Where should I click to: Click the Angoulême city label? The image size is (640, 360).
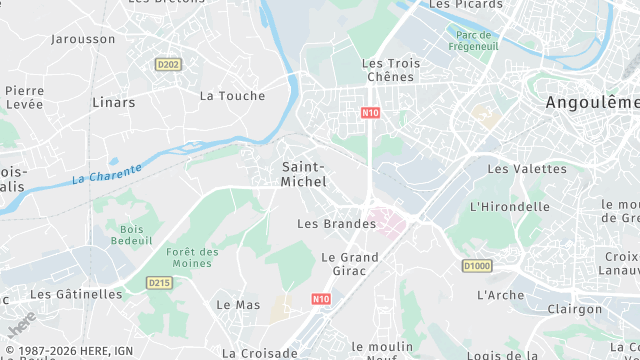[x=593, y=103]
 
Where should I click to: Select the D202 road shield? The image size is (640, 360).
[x=168, y=64]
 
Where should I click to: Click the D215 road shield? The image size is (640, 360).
[x=160, y=283]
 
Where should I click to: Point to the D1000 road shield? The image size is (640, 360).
[x=477, y=265]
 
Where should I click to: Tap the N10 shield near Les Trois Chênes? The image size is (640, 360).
[x=370, y=113]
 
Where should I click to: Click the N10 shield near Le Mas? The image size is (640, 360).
[x=320, y=299]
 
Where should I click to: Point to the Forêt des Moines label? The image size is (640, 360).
[x=193, y=257]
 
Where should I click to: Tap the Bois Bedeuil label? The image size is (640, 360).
[x=131, y=235]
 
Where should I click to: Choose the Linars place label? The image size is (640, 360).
[x=113, y=102]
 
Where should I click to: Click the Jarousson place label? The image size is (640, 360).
[x=83, y=39]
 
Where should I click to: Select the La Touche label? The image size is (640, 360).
[x=232, y=96]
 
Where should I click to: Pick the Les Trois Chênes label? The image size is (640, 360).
[x=391, y=70]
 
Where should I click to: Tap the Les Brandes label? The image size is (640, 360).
[x=336, y=224]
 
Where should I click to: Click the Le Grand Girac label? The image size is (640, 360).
[x=349, y=264]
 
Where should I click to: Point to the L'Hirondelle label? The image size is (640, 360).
[x=509, y=207]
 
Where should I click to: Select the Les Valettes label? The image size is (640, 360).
[x=513, y=169]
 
